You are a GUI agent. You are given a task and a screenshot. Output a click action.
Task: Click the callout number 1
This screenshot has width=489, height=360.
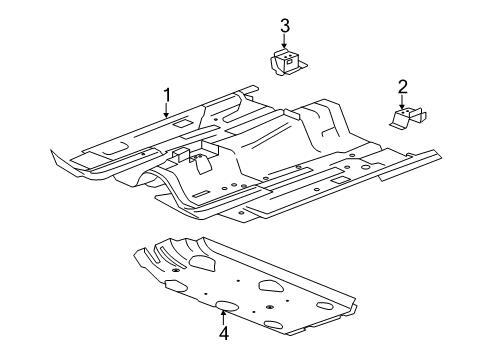[x=168, y=95]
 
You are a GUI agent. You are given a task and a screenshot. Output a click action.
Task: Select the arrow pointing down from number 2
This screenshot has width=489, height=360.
[x=403, y=102]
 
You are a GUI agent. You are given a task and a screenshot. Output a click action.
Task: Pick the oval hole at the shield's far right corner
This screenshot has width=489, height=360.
[x=325, y=305]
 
